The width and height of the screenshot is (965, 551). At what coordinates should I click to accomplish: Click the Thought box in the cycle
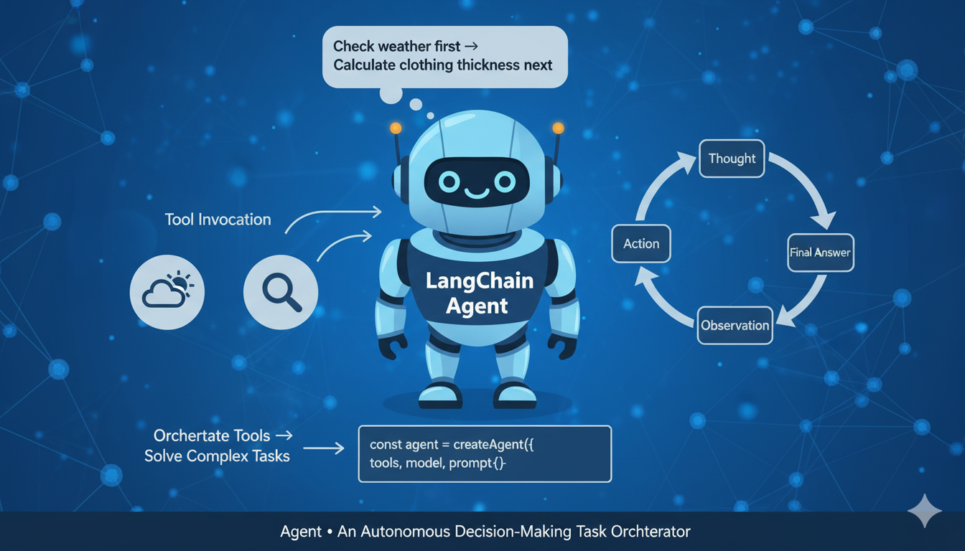pos(732,159)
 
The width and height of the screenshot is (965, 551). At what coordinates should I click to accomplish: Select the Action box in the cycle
pos(640,244)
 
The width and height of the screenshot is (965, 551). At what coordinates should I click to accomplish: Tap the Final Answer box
pos(820,253)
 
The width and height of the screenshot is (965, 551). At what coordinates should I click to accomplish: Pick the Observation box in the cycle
pos(735,325)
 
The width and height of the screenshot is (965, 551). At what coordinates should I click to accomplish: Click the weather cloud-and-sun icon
pos(167,292)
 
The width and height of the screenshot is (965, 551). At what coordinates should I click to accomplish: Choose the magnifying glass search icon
pos(281,292)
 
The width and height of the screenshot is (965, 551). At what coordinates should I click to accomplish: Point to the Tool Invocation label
pos(218,220)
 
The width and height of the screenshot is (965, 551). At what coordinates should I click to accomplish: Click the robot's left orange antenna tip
pos(394,128)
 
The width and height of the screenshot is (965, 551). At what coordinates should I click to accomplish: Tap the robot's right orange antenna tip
pos(558,128)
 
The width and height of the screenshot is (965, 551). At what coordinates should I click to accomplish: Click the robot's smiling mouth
pos(476,192)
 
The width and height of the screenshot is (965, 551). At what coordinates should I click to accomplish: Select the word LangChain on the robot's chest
pos(480,281)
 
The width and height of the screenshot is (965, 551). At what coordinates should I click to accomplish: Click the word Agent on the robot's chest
pos(477,306)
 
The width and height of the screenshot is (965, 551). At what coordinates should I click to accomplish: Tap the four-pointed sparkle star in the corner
pos(924,511)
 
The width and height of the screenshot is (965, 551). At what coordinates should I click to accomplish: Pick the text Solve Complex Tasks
pos(217,456)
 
